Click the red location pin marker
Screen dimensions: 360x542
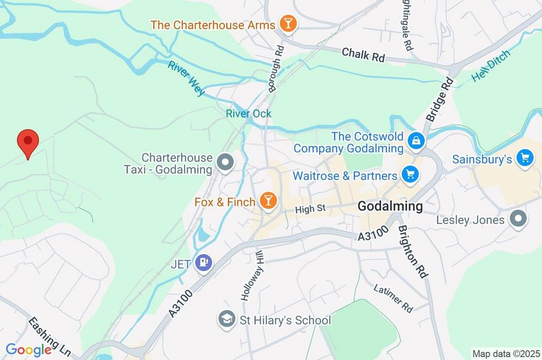pyautogui.click(x=28, y=142)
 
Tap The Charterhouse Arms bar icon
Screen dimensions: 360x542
pyautogui.click(x=289, y=24)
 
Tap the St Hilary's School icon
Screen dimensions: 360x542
pyautogui.click(x=227, y=320)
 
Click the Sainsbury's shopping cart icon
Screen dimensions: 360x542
pyautogui.click(x=525, y=158)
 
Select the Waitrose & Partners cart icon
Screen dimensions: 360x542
pyautogui.click(x=409, y=175)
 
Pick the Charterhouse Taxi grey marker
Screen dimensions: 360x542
pyautogui.click(x=226, y=164)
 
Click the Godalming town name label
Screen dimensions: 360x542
pyautogui.click(x=390, y=206)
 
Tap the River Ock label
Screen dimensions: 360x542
pyautogui.click(x=248, y=113)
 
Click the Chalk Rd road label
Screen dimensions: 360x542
pyautogui.click(x=363, y=55)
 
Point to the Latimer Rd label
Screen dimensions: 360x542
pyautogui.click(x=393, y=298)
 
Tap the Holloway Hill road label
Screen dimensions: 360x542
pyautogui.click(x=252, y=283)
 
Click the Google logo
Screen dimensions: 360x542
pyautogui.click(x=28, y=350)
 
